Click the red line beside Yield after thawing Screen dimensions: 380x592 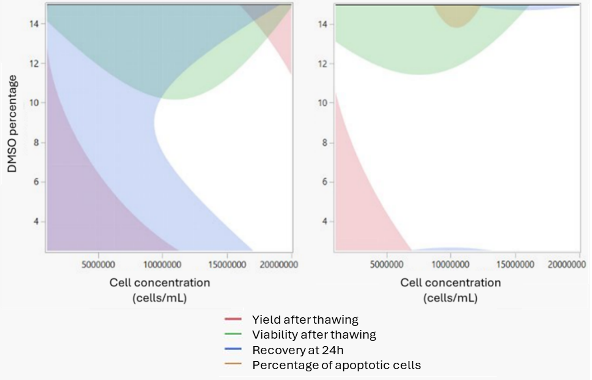coord(233,319)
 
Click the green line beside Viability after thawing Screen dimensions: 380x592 coord(233,334)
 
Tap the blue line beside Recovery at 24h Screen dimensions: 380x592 coord(233,349)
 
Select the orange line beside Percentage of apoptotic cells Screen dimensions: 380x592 coord(233,364)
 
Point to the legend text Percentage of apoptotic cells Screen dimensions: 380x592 coord(336,365)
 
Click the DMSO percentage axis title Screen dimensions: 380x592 coord(13,124)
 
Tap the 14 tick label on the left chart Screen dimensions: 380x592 coord(34,24)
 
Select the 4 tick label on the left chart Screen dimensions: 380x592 coord(36,221)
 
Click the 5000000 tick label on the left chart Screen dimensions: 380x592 coord(98,264)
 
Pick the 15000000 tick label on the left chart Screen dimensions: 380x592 coord(227,264)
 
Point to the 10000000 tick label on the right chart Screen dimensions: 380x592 coord(451,264)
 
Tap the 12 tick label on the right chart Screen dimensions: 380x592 coord(322,64)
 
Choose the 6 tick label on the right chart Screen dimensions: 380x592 coord(325,182)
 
